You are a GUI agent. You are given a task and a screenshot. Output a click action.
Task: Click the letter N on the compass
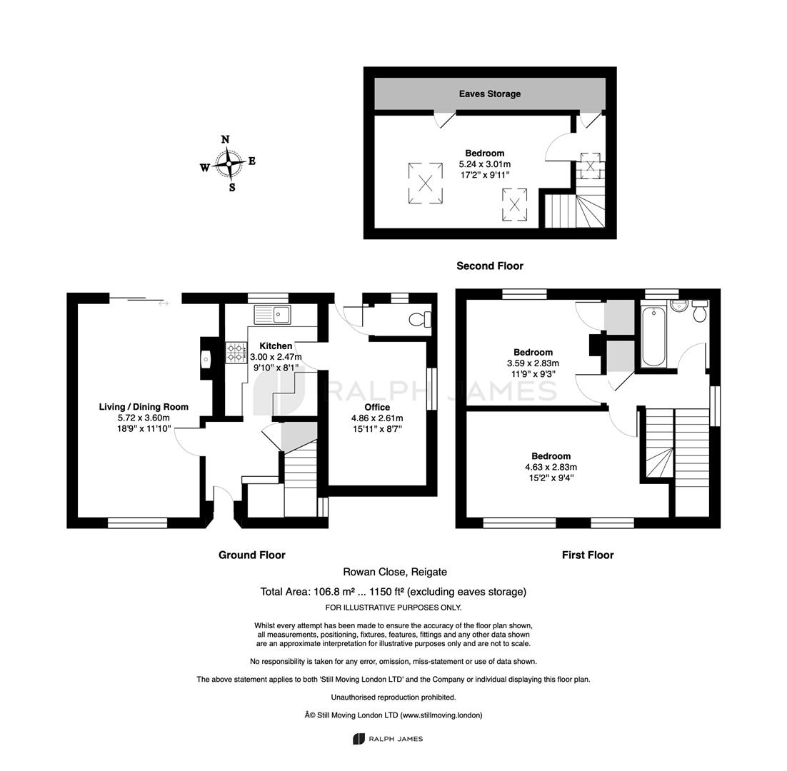(226, 139)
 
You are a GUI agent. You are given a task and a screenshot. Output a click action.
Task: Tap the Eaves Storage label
(490, 94)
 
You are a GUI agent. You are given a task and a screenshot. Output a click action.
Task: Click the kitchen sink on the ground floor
(272, 315)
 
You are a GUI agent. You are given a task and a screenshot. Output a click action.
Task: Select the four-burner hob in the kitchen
(236, 352)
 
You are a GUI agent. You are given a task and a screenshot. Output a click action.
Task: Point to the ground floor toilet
(420, 318)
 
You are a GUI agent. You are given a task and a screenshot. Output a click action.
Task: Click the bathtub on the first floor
(654, 337)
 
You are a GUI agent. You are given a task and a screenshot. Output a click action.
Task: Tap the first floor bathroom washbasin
(680, 306)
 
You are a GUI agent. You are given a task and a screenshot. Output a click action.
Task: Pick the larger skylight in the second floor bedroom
(426, 183)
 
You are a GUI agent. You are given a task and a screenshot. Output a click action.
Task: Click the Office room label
(378, 408)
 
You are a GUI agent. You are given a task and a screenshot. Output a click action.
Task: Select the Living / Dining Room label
(144, 407)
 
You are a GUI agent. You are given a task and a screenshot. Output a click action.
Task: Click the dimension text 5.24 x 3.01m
(485, 164)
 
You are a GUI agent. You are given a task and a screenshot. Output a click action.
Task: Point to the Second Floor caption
(490, 266)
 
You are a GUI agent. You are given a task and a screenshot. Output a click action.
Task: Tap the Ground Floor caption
(252, 555)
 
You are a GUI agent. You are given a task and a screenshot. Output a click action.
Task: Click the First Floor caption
(588, 555)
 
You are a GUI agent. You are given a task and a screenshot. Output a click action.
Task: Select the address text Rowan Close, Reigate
(395, 572)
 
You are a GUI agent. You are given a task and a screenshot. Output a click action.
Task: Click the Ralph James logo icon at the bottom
(359, 739)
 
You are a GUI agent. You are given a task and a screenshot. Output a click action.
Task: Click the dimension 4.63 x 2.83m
(551, 467)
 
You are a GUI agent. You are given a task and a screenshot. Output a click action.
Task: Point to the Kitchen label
(276, 346)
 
